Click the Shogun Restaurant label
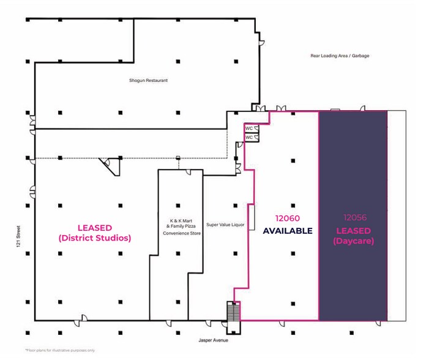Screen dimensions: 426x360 pyautogui.click(x=148, y=80)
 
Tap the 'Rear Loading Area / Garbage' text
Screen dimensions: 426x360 pyautogui.click(x=340, y=56)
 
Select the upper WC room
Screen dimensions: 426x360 pyautogui.click(x=252, y=128)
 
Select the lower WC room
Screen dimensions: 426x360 pyautogui.click(x=252, y=138)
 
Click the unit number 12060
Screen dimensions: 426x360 pyautogui.click(x=288, y=218)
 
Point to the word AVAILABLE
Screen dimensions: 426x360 pyautogui.click(x=288, y=231)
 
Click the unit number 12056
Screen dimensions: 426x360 pyautogui.click(x=355, y=217)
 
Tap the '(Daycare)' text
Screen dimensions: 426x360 pyautogui.click(x=353, y=241)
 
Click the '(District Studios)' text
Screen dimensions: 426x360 pyautogui.click(x=95, y=238)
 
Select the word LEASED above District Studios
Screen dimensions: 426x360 pyautogui.click(x=95, y=228)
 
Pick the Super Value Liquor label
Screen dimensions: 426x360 pyautogui.click(x=225, y=225)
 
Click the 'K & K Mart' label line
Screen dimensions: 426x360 pyautogui.click(x=181, y=220)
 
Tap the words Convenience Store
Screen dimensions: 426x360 pyautogui.click(x=182, y=233)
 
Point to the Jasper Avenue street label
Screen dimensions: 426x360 pyautogui.click(x=213, y=340)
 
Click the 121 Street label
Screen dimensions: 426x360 pyautogui.click(x=18, y=236)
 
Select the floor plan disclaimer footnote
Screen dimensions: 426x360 pyautogui.click(x=60, y=350)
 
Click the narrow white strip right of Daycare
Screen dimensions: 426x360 pyautogui.click(x=397, y=216)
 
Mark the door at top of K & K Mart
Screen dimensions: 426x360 pyautogui.click(x=189, y=172)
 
